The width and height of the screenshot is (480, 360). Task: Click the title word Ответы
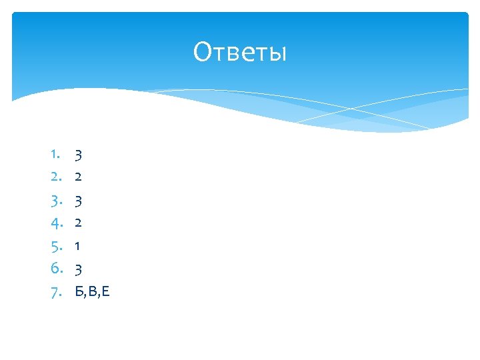240,52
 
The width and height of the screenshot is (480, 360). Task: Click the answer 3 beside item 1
78,156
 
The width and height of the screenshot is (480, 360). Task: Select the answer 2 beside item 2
78,177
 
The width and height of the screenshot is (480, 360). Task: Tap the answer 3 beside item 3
78,201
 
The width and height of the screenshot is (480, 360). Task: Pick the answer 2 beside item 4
78,223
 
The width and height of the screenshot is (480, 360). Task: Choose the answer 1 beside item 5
78,246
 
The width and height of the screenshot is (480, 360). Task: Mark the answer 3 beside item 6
78,269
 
